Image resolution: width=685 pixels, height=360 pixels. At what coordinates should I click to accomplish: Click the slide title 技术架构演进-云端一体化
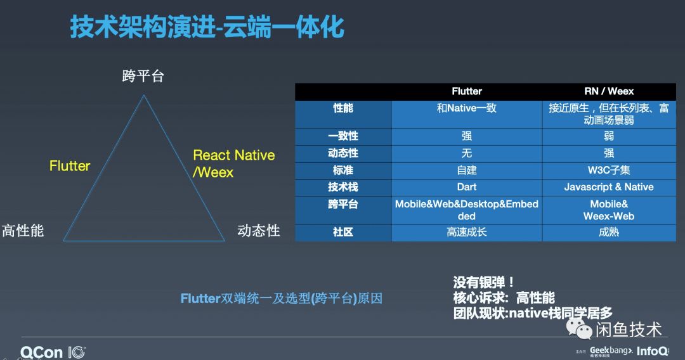click(x=207, y=28)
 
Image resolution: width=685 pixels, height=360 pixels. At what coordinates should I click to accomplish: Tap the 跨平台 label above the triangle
click(x=143, y=76)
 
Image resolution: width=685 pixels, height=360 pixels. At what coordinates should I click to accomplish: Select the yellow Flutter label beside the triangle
click(x=70, y=166)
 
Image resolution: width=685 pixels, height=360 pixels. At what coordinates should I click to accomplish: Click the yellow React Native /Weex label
click(x=233, y=164)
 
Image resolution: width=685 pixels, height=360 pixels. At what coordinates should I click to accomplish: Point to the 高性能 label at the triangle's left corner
click(x=23, y=230)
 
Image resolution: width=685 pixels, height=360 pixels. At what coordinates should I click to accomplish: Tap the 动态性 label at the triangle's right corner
click(x=259, y=230)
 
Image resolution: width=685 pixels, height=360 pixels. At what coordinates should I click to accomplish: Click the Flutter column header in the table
click(x=467, y=91)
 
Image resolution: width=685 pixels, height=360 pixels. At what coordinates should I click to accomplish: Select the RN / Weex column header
click(x=609, y=91)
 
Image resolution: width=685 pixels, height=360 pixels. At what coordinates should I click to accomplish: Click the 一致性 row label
click(x=343, y=136)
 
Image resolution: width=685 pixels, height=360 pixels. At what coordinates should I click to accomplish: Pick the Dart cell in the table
click(x=467, y=187)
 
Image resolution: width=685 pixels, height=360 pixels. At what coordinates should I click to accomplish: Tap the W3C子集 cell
click(x=609, y=170)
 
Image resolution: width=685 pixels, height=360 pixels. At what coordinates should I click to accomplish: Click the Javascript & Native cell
click(x=609, y=187)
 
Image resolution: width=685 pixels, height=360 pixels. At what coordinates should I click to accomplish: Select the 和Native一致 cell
click(x=467, y=108)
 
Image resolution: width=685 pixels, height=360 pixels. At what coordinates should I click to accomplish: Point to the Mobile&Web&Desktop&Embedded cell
click(x=467, y=210)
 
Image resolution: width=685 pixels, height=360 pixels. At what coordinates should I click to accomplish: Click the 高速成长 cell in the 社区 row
click(x=467, y=233)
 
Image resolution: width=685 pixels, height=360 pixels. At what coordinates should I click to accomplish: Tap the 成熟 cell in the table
click(x=609, y=233)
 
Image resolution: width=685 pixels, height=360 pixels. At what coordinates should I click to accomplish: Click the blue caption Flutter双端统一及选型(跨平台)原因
click(x=282, y=299)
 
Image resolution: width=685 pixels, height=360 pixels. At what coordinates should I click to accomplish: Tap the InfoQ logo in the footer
click(x=651, y=350)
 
